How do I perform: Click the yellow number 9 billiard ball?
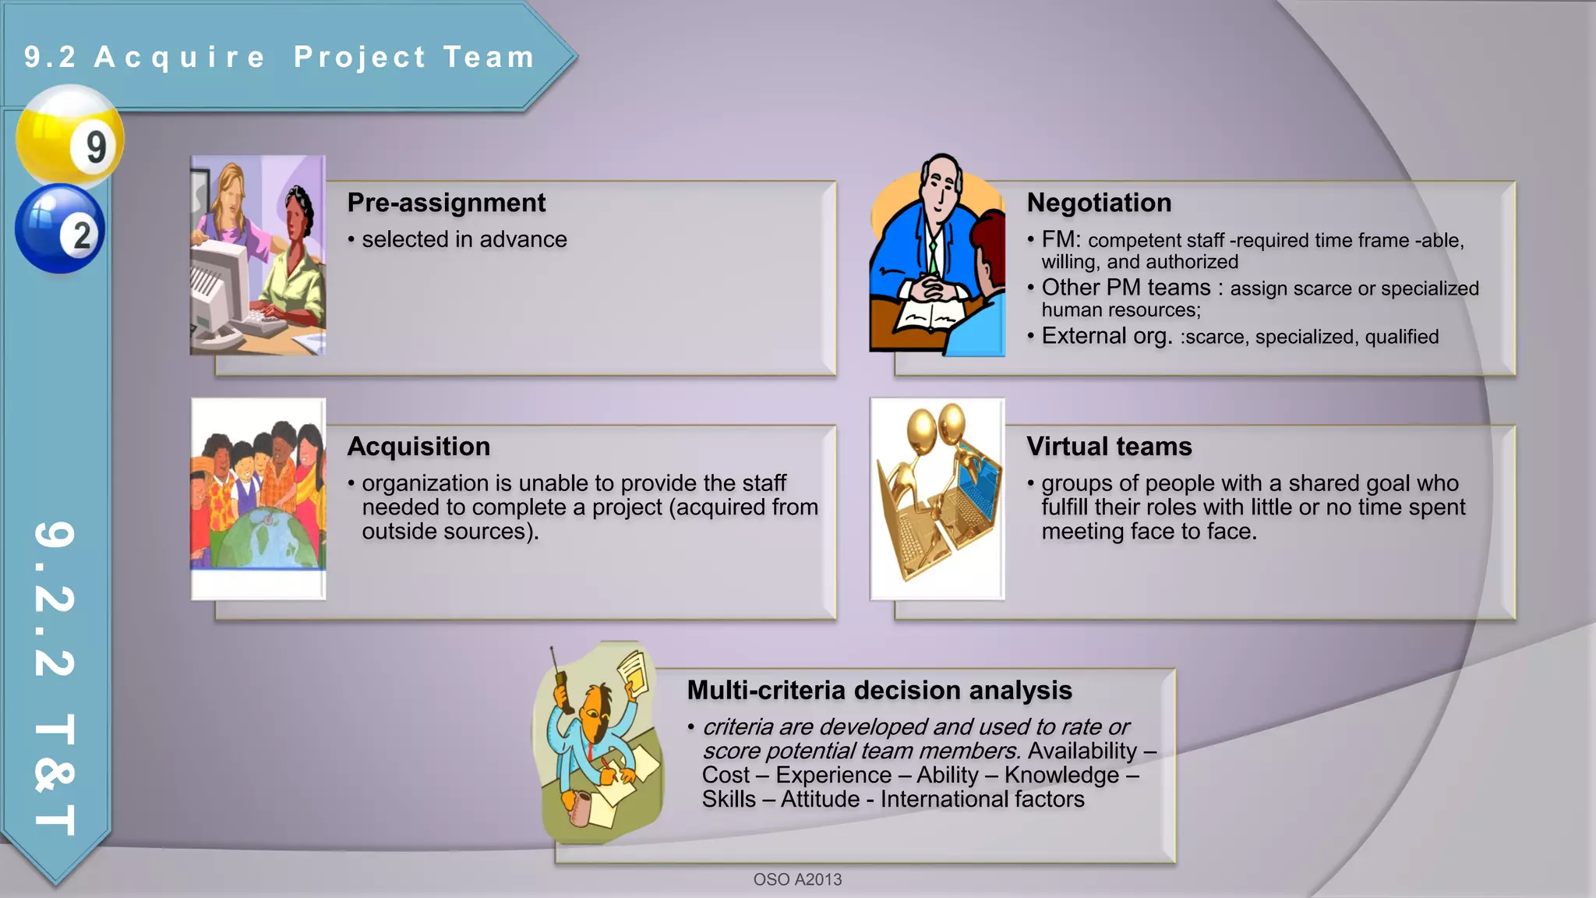click(x=69, y=136)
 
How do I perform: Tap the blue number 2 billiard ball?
click(x=60, y=228)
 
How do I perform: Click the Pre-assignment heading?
click(x=446, y=203)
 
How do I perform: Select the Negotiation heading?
click(x=1099, y=203)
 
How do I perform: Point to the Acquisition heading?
click(x=418, y=447)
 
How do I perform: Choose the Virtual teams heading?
click(x=1109, y=447)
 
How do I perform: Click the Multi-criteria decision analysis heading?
click(x=879, y=691)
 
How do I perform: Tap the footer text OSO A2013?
click(x=797, y=879)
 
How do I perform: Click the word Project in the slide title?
click(x=359, y=57)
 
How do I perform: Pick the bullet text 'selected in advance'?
click(x=464, y=239)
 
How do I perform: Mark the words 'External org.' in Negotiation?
click(x=1107, y=336)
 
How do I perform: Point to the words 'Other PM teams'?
click(x=1126, y=288)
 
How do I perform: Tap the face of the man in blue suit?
click(x=941, y=187)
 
